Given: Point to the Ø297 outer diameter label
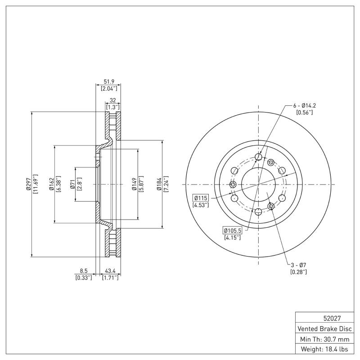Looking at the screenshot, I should [x=28, y=184].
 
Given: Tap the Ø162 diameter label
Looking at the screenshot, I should [x=52, y=184].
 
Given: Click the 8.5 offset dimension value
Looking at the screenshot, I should [x=84, y=271].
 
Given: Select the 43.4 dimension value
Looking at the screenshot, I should [x=111, y=271].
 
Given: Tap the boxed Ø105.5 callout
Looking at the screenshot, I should [x=232, y=230].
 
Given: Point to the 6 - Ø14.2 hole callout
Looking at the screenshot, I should [x=305, y=105].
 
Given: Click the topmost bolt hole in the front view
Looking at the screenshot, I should [x=258, y=157].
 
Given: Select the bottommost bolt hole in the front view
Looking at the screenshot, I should [x=258, y=212].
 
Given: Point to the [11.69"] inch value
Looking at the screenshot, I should [x=36, y=184].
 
